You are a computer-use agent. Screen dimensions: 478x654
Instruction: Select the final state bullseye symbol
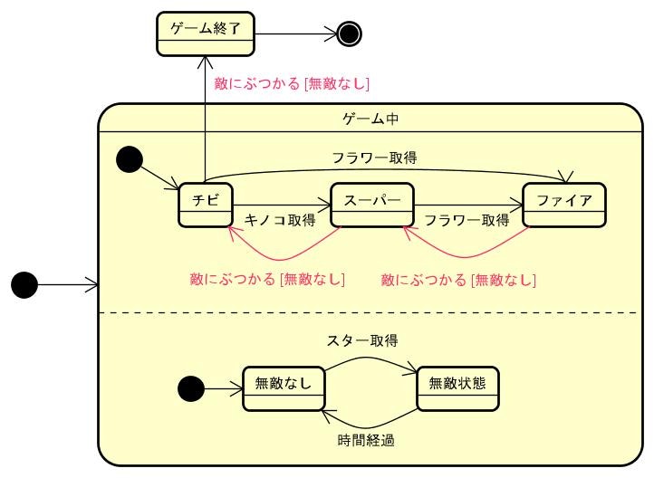tap(349, 34)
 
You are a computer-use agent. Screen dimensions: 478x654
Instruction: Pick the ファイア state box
tap(564, 205)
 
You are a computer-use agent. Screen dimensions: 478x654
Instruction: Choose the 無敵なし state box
tap(284, 388)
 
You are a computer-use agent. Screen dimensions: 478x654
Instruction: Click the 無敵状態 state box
tap(458, 388)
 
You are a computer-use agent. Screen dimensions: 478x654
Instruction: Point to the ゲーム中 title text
tap(370, 119)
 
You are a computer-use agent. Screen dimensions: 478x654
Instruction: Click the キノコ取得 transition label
tap(281, 219)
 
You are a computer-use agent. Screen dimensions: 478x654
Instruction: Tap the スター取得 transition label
tap(362, 340)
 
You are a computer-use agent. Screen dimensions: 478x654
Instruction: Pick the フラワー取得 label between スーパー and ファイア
tap(466, 219)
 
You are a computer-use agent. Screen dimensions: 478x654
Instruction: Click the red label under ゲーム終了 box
tap(292, 83)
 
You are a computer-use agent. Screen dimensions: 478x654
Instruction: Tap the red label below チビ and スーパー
tap(268, 279)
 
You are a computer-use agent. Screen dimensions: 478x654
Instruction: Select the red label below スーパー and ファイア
tap(459, 279)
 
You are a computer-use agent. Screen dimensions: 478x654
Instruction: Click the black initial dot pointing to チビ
tap(130, 160)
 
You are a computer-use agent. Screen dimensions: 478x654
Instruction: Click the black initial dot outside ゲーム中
tap(24, 285)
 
